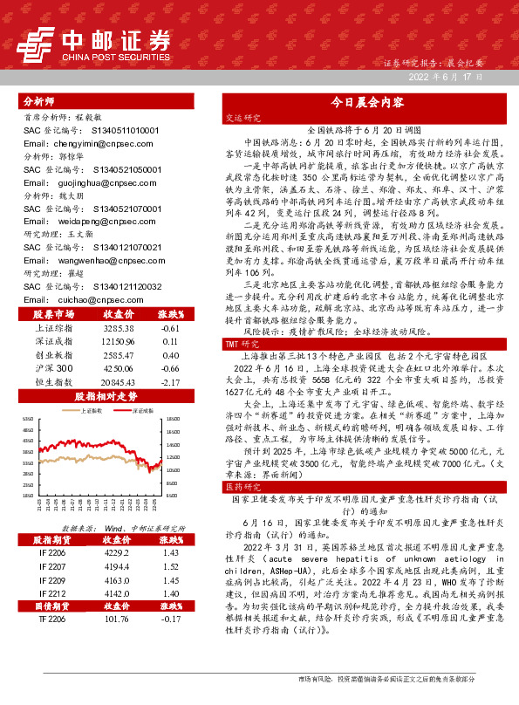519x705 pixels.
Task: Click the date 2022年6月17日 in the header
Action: pos(447,78)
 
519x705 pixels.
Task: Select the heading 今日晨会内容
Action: pos(365,102)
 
